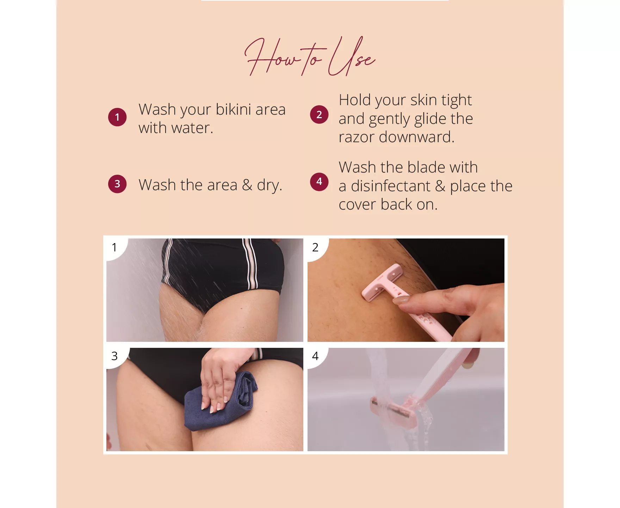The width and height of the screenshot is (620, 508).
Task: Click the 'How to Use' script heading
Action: click(310, 56)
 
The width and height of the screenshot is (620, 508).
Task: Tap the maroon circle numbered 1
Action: click(117, 117)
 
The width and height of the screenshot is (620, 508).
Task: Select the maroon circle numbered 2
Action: click(319, 115)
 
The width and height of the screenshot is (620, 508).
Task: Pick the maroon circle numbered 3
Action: click(117, 184)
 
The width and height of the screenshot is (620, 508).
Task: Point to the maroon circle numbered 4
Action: click(319, 182)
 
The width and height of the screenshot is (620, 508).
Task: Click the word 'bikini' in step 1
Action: click(233, 109)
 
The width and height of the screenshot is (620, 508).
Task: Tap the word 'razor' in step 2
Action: click(356, 137)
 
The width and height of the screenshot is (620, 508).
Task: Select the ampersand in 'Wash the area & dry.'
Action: click(247, 185)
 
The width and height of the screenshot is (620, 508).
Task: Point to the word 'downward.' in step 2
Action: click(417, 137)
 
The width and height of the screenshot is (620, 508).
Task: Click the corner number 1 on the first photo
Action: click(114, 247)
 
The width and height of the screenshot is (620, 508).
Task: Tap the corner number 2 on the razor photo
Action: click(315, 247)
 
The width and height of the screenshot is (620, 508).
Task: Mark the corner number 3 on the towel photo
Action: click(114, 356)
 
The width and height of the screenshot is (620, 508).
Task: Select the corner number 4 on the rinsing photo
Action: click(315, 356)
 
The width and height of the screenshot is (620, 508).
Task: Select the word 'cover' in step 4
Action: click(358, 205)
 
